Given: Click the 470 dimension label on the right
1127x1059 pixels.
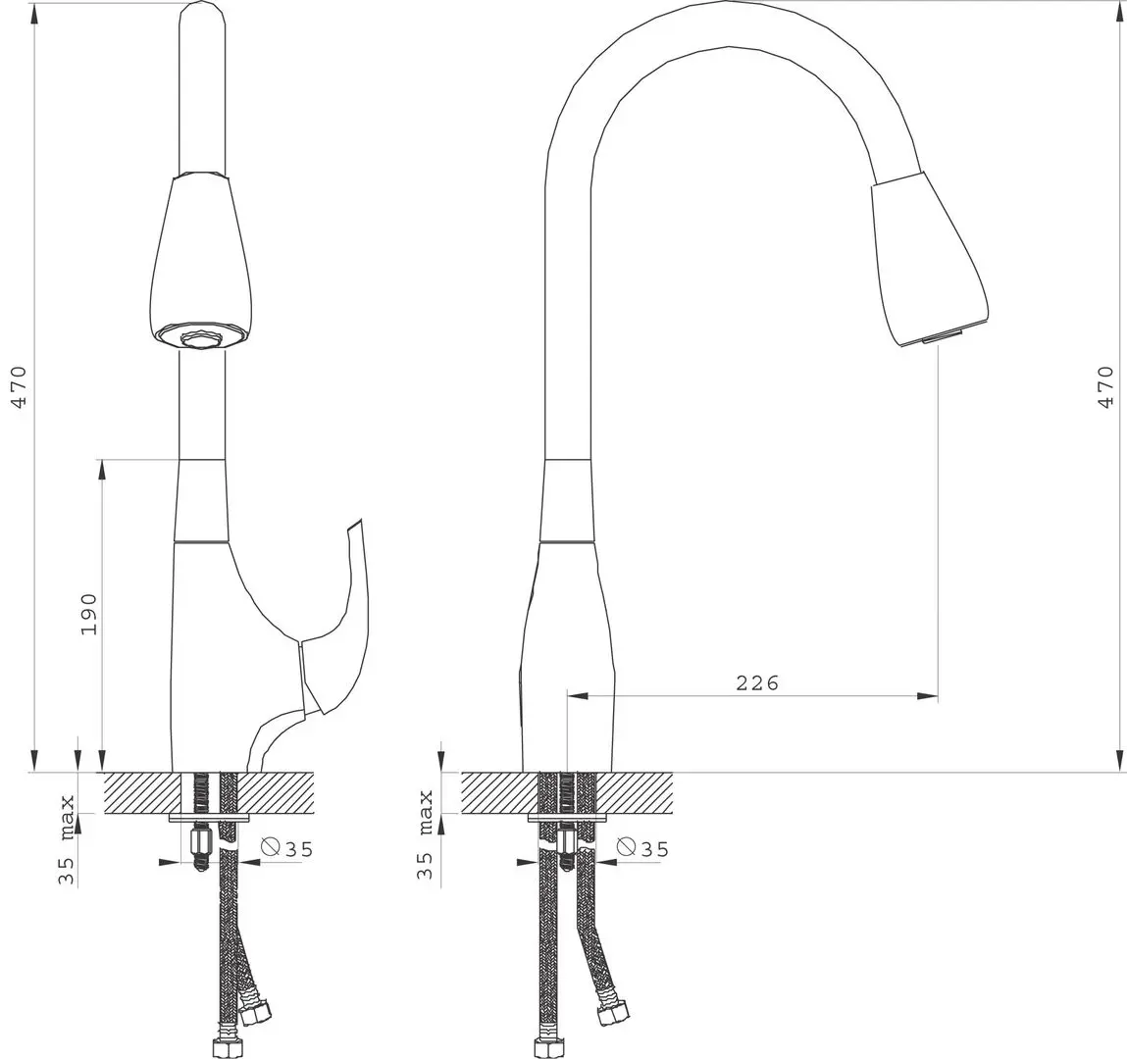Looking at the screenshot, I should [x=1106, y=387].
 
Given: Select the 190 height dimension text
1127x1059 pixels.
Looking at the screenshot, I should [x=89, y=614].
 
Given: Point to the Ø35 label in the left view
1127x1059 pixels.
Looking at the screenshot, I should [x=287, y=849].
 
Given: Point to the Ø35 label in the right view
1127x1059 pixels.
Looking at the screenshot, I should [x=643, y=848].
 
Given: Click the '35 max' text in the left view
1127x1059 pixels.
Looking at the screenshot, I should [x=67, y=839].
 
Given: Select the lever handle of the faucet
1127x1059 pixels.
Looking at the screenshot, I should [x=338, y=618].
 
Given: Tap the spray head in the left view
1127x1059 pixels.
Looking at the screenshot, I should [x=204, y=260].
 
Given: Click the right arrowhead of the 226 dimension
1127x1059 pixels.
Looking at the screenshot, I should [x=928, y=696].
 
